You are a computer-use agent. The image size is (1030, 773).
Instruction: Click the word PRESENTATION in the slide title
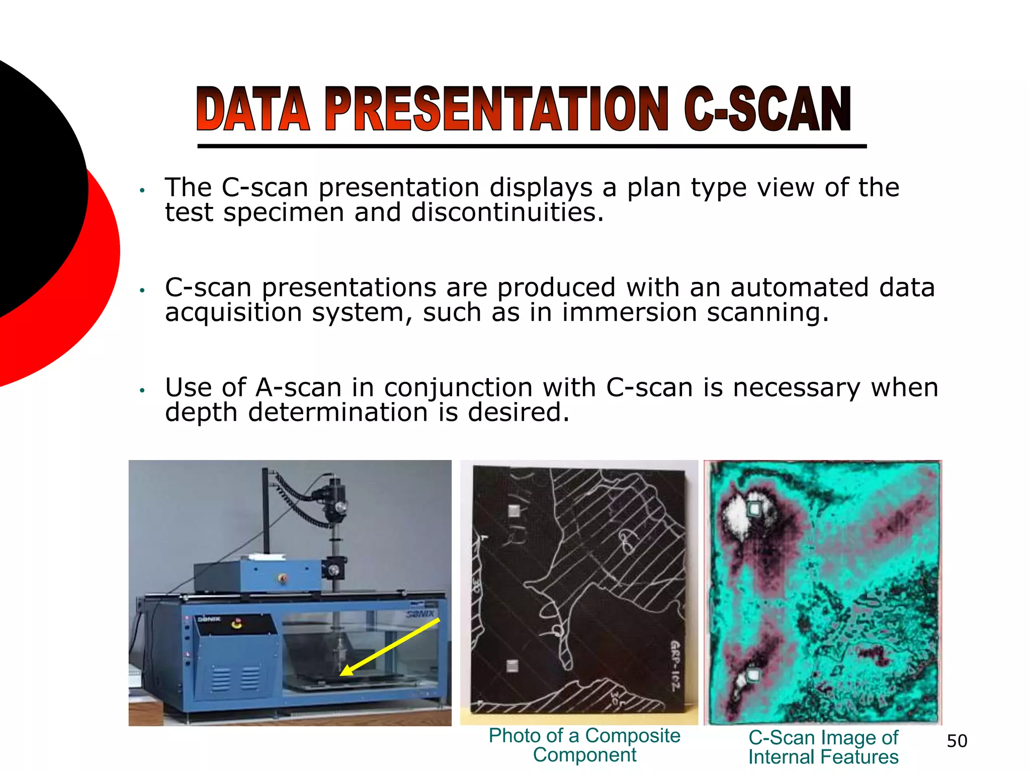(496, 109)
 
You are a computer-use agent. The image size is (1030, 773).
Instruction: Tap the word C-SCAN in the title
(767, 109)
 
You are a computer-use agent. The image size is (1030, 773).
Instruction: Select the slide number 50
(957, 741)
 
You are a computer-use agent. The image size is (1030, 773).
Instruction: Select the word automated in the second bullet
(779, 288)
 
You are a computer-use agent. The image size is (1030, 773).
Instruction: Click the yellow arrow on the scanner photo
(390, 647)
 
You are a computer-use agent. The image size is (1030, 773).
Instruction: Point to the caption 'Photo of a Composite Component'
(584, 745)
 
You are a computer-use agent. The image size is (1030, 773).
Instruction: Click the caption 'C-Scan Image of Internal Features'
(823, 747)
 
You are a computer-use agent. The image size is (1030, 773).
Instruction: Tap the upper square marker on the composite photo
(513, 510)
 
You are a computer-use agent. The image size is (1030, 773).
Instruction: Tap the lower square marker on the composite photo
(512, 666)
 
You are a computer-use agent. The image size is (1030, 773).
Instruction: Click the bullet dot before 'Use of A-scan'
(142, 391)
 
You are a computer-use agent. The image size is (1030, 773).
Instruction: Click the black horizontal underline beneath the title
(532, 146)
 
